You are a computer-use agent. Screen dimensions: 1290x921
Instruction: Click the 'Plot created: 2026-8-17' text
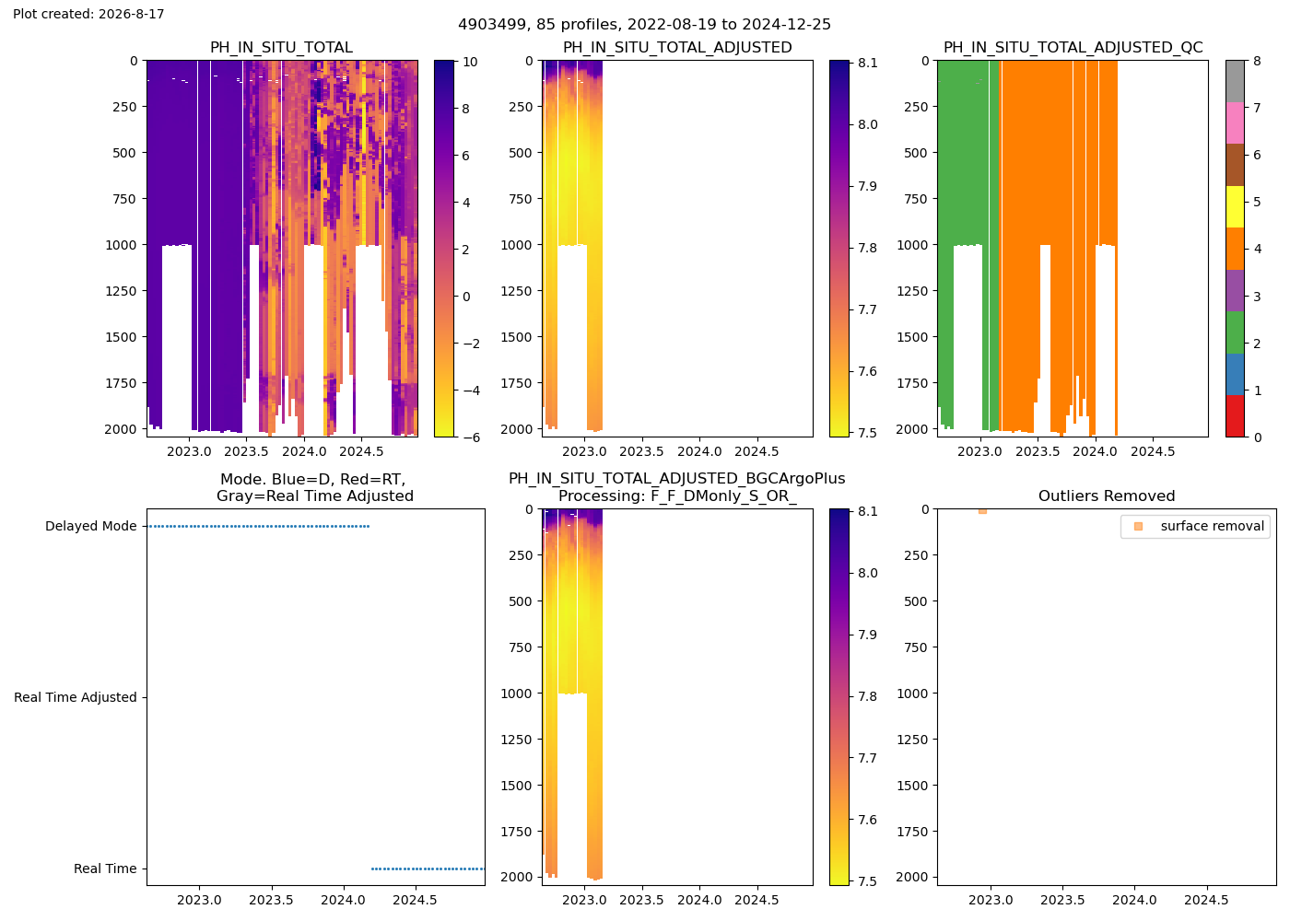(x=88, y=14)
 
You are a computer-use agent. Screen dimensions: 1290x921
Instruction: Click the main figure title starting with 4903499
(x=644, y=25)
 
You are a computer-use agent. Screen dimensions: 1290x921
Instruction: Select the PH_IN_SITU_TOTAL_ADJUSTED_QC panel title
(x=1073, y=48)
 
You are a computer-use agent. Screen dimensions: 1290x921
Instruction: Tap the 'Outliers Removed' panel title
(x=1107, y=496)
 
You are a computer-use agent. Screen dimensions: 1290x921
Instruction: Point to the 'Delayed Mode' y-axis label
(x=91, y=526)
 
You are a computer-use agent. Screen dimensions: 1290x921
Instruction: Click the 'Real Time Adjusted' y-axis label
(x=76, y=697)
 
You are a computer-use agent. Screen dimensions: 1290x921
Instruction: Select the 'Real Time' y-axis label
(x=105, y=869)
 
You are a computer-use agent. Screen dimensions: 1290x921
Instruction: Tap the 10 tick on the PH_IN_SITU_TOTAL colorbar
(x=470, y=63)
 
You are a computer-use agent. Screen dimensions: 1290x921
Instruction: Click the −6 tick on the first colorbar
(x=471, y=437)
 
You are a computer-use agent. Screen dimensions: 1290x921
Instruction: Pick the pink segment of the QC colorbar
(x=1235, y=123)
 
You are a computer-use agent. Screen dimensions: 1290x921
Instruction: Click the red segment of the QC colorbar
(x=1235, y=416)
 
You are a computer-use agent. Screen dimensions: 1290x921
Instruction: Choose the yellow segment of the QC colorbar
(x=1235, y=206)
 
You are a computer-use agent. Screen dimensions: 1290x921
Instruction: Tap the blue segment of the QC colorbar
(x=1235, y=374)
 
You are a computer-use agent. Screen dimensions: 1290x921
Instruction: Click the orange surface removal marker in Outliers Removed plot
(x=982, y=511)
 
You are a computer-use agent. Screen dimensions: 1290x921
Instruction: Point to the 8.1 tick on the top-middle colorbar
(x=867, y=63)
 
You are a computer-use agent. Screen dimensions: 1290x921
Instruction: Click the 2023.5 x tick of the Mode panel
(x=271, y=900)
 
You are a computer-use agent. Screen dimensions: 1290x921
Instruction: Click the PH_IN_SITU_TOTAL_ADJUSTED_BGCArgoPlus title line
(x=676, y=479)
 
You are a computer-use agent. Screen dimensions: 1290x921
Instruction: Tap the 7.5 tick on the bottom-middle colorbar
(x=867, y=881)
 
